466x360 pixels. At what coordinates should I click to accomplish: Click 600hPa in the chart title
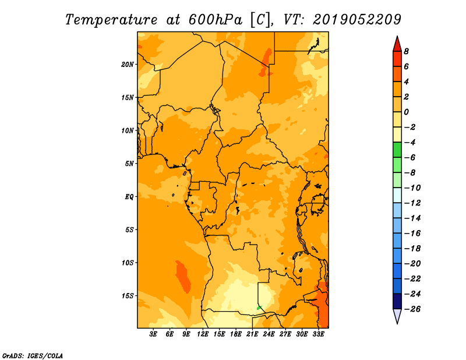coord(215,20)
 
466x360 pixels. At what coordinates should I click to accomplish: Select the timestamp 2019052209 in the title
coord(357,20)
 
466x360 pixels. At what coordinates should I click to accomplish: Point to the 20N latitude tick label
coord(127,65)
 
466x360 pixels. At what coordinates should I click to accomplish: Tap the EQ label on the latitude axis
coord(129,197)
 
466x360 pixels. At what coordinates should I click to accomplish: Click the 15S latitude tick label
coord(127,296)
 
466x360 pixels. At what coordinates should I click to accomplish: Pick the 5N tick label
coord(129,164)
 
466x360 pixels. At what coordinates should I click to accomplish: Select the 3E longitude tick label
coord(153,334)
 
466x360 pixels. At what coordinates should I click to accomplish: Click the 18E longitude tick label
coord(235,334)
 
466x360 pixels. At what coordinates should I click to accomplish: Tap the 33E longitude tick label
coord(318,334)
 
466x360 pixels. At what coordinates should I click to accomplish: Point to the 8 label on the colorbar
coord(406,51)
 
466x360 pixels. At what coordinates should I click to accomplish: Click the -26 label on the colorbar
coord(412,309)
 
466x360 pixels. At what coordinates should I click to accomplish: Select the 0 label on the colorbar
coord(406,112)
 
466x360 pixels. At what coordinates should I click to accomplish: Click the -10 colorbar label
coord(412,188)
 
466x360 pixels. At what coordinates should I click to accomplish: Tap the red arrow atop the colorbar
coord(397,44)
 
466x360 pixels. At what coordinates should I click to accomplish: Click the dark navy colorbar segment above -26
coord(397,301)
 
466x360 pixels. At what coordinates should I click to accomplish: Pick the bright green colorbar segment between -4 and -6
coord(397,150)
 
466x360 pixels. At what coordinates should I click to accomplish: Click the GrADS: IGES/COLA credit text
coord(33,356)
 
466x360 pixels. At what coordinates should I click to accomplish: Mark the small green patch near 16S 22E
coord(259,308)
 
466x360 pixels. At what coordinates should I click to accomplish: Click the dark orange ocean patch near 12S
coord(183,277)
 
